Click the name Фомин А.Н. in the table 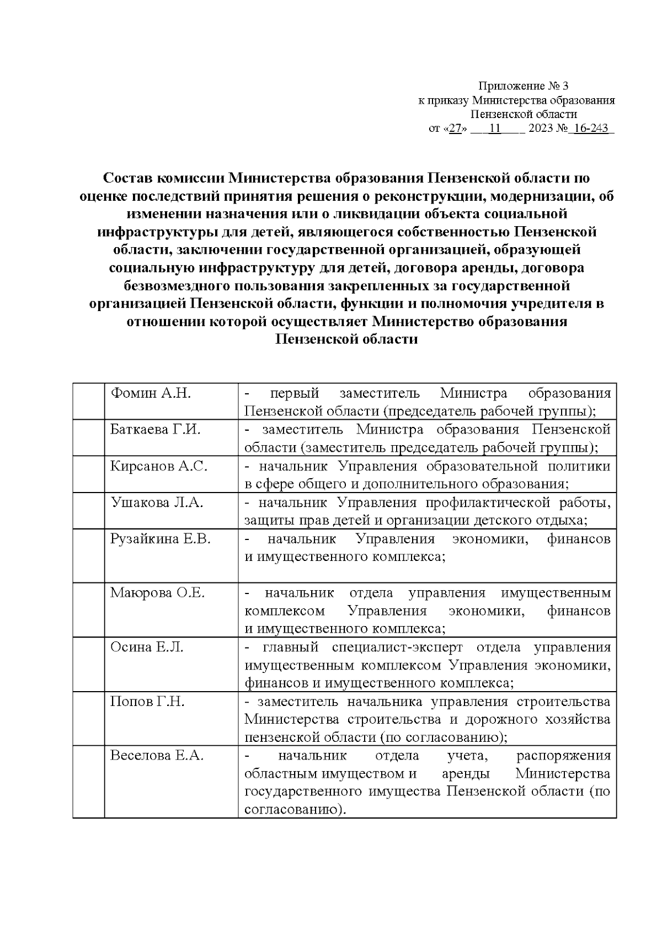(x=151, y=393)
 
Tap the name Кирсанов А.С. (x=158, y=466)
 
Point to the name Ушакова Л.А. (x=157, y=502)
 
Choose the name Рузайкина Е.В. (x=160, y=539)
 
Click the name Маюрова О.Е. (x=157, y=593)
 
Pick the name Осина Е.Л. (x=146, y=647)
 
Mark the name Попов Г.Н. (x=147, y=702)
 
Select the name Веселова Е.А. (x=157, y=756)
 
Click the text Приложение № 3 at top (x=522, y=86)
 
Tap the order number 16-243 (x=591, y=129)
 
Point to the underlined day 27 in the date (x=455, y=129)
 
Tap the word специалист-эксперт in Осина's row (x=398, y=647)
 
